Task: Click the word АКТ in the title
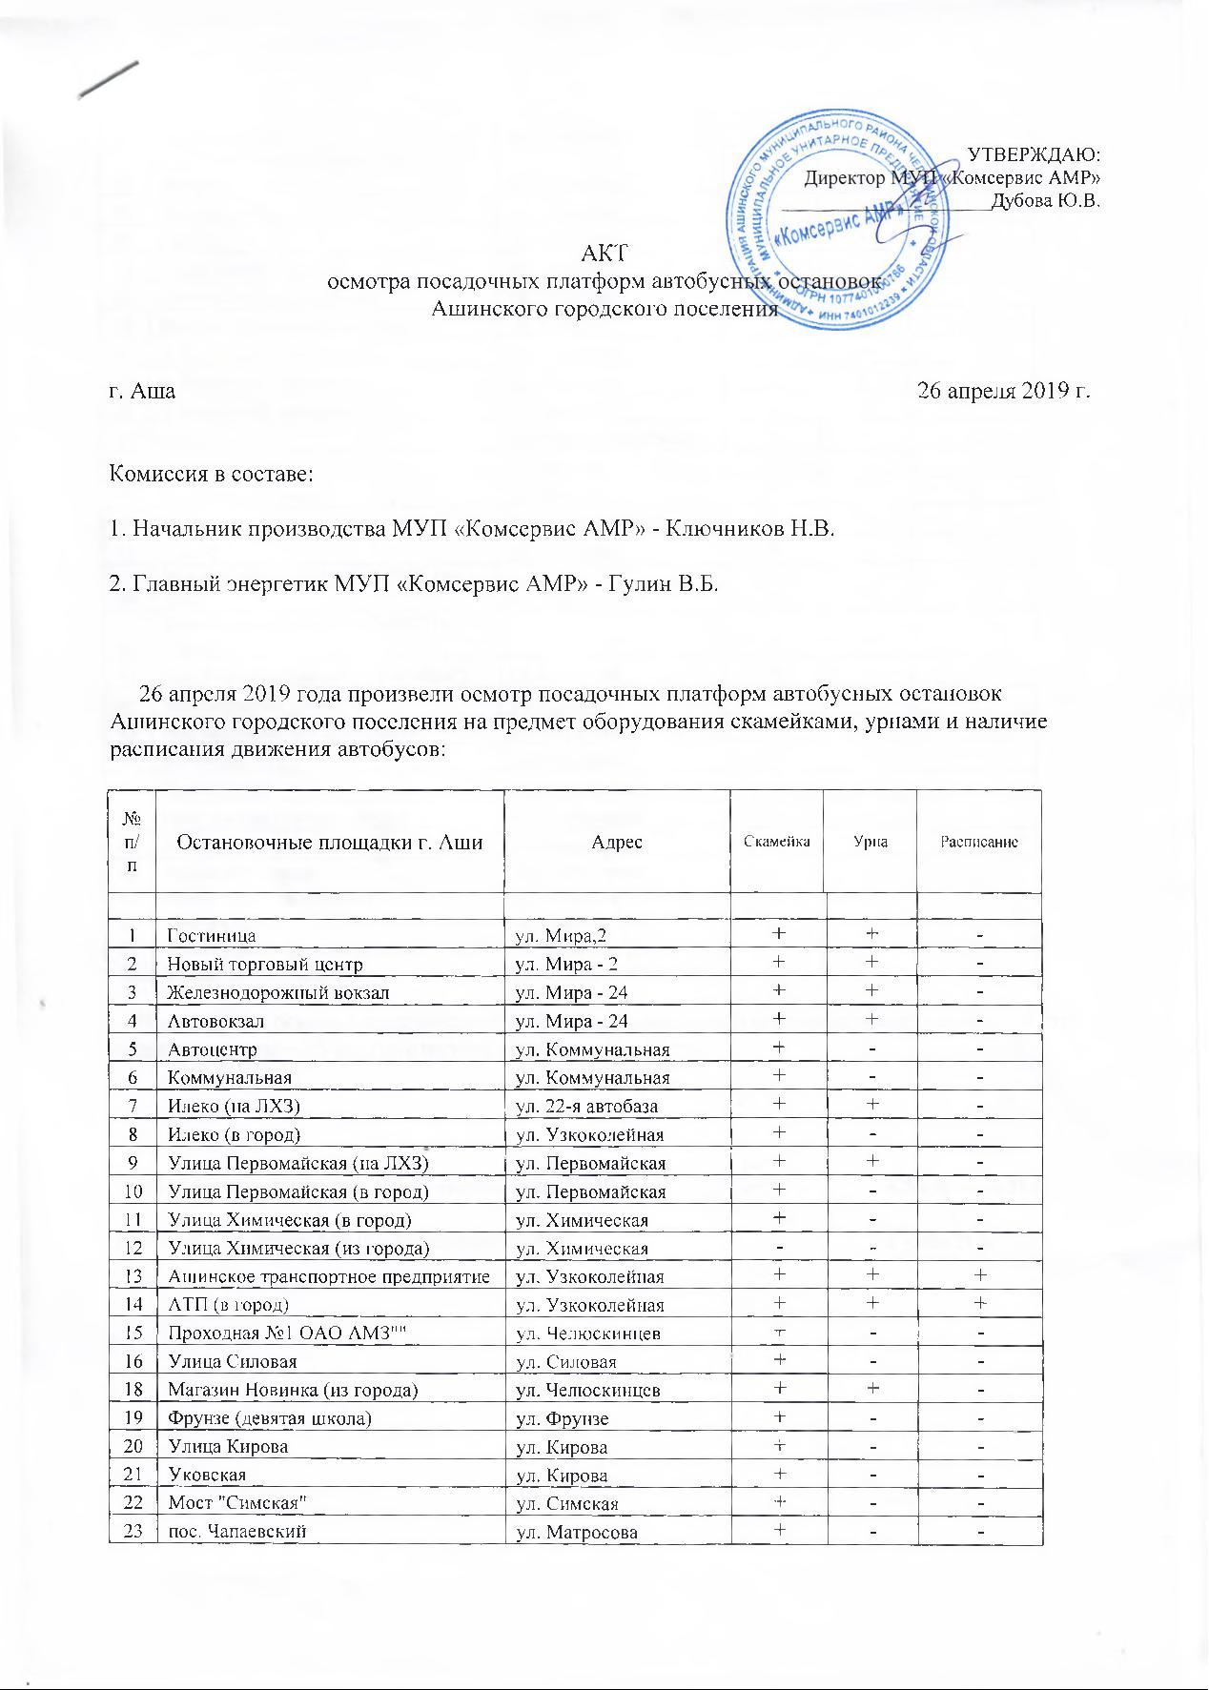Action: pos(605,253)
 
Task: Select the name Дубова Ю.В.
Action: pos(1047,200)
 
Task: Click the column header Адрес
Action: pos(616,843)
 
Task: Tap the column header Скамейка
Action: pos(777,842)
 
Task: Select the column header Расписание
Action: pos(979,843)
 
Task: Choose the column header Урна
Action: pos(871,843)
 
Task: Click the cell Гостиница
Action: pos(212,936)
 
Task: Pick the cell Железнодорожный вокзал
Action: pos(278,993)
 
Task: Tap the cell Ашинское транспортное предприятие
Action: pos(329,1277)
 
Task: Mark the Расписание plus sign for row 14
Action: pos(980,1305)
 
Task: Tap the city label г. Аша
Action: pos(143,391)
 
